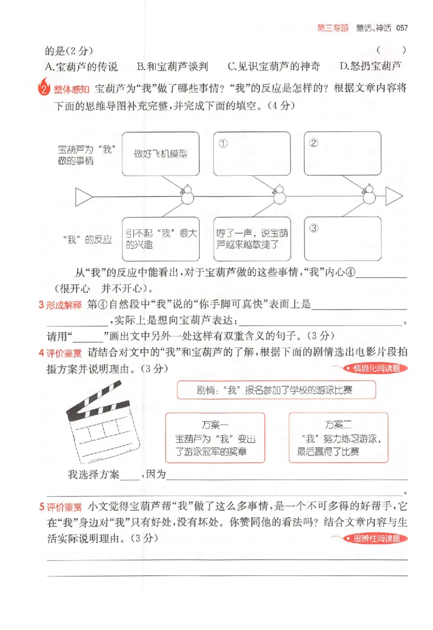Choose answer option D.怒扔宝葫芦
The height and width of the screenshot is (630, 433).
coord(371,66)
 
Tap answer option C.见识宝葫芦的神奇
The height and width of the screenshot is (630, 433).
coord(274,66)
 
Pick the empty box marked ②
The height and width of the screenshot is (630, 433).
coord(342,153)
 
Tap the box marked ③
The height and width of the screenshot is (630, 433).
coord(342,238)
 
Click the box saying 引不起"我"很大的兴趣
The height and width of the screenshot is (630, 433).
coord(161,239)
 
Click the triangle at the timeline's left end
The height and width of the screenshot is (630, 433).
coord(84,196)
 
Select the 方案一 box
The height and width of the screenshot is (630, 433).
coord(215,438)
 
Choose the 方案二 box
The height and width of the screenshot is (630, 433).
coord(339,438)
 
